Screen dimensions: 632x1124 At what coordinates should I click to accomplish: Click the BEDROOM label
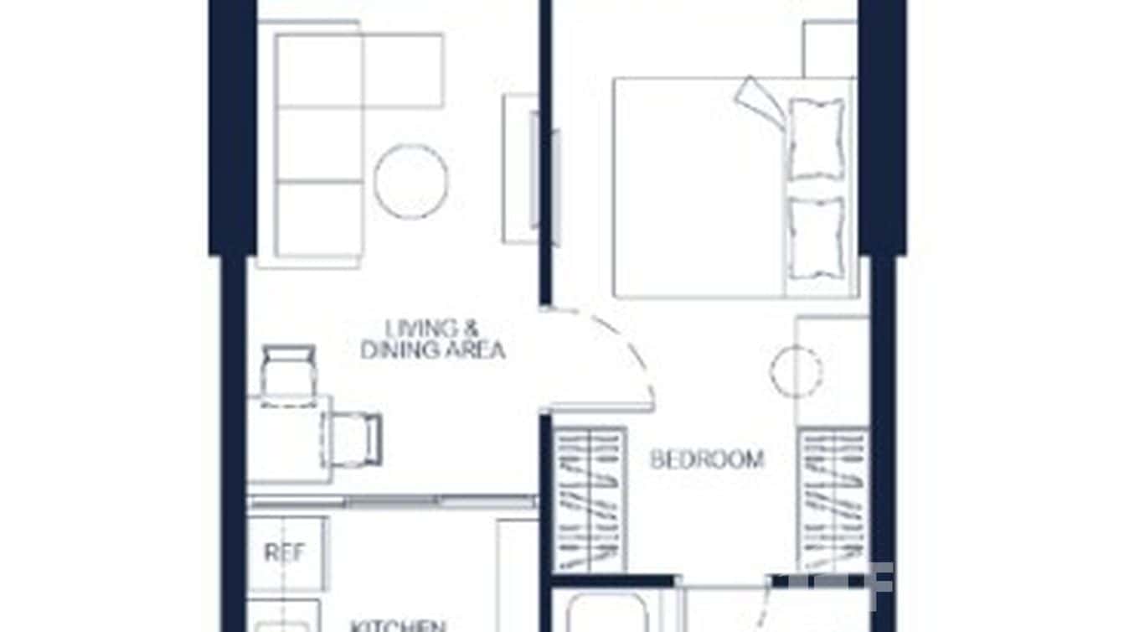707,459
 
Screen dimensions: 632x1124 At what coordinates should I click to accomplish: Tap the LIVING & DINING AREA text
433,339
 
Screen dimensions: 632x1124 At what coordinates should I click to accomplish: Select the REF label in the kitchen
285,553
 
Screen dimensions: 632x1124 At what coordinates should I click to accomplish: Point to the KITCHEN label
397,624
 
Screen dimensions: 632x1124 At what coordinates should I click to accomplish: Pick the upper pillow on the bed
816,137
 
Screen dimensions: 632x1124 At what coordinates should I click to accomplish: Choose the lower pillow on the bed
816,237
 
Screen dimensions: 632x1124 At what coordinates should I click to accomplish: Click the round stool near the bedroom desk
795,372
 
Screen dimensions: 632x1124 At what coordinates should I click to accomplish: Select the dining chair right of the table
355,438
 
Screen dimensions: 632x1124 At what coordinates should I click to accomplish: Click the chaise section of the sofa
402,70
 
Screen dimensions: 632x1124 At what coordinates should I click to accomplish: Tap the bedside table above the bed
829,49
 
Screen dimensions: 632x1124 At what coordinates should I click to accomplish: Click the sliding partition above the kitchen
392,501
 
